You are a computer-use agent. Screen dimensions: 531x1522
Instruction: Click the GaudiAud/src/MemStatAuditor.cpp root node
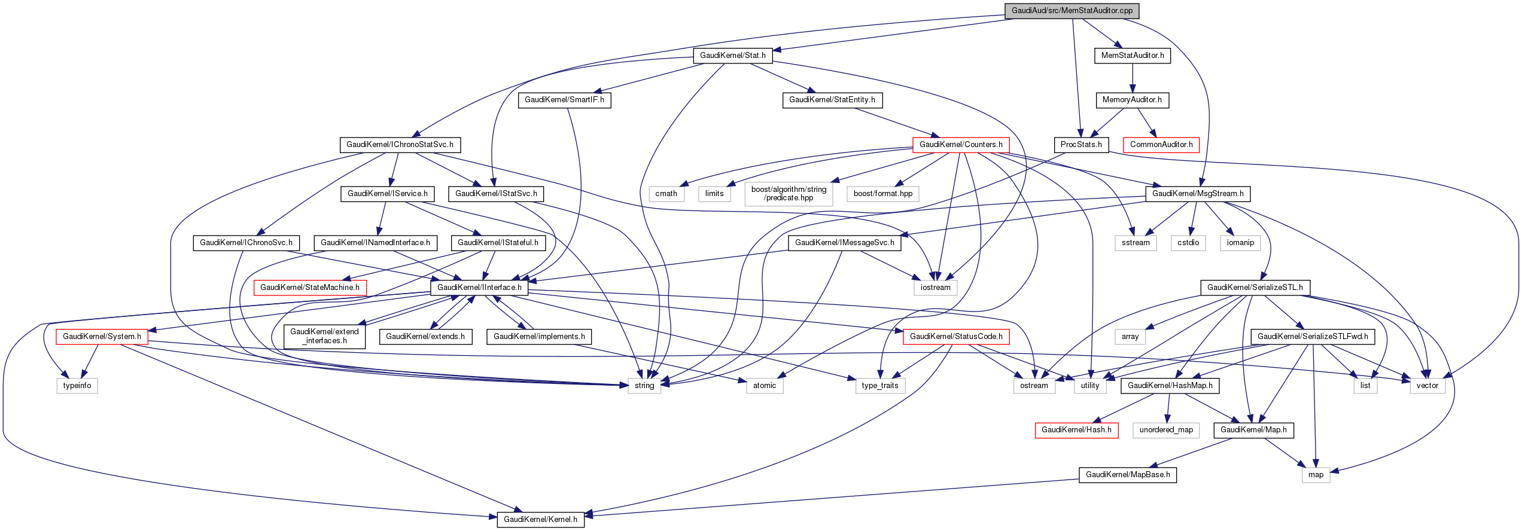coord(1072,11)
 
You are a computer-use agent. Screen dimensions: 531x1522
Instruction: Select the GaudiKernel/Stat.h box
coord(732,56)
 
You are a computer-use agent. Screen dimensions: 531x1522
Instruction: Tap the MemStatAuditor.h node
coord(1133,56)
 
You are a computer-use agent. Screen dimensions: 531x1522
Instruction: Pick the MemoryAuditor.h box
coord(1132,100)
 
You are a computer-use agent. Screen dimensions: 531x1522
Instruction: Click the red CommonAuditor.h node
coord(1161,145)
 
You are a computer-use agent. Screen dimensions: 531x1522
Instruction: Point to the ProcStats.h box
coord(1081,145)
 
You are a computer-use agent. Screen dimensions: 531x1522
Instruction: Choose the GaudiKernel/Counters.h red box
coord(961,145)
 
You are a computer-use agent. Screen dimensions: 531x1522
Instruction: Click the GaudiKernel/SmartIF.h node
coord(564,100)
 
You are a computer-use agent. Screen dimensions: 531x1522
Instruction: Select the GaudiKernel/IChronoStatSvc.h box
coord(400,145)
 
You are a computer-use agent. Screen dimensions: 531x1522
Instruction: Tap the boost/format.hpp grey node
coord(882,194)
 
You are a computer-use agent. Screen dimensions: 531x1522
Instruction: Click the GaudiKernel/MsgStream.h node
coord(1198,194)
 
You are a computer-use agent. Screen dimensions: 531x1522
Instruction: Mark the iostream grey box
coord(935,288)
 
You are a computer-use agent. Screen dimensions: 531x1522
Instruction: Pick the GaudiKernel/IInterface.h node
coord(479,288)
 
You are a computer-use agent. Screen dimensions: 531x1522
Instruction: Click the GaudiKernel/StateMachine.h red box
coord(310,288)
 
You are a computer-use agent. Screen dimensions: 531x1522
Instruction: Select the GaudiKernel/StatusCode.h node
coord(956,337)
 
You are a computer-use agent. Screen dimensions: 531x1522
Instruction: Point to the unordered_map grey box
coord(1166,430)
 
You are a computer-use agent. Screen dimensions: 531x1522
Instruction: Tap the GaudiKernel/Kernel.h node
coord(540,519)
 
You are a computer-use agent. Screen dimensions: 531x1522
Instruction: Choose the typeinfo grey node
coord(77,386)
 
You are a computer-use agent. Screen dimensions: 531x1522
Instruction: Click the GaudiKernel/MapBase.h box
coord(1128,475)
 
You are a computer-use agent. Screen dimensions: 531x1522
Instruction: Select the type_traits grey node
coord(879,386)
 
